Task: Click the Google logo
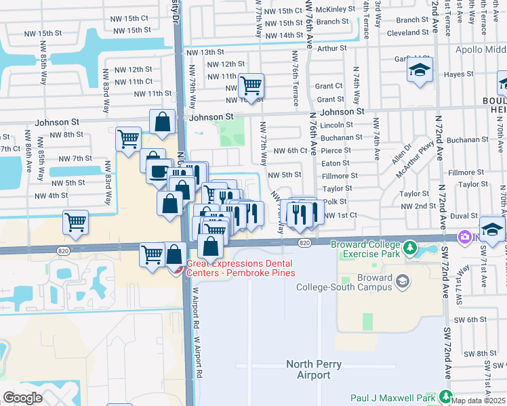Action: pos(22,398)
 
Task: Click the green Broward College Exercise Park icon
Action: pos(409,249)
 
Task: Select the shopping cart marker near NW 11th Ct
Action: pos(251,85)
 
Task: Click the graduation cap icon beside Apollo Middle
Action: pos(420,70)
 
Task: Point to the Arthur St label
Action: pos(331,48)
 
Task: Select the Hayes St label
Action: pos(459,74)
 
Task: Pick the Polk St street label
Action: pos(335,202)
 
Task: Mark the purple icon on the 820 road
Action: pos(466,238)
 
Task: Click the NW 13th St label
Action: pos(205,52)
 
